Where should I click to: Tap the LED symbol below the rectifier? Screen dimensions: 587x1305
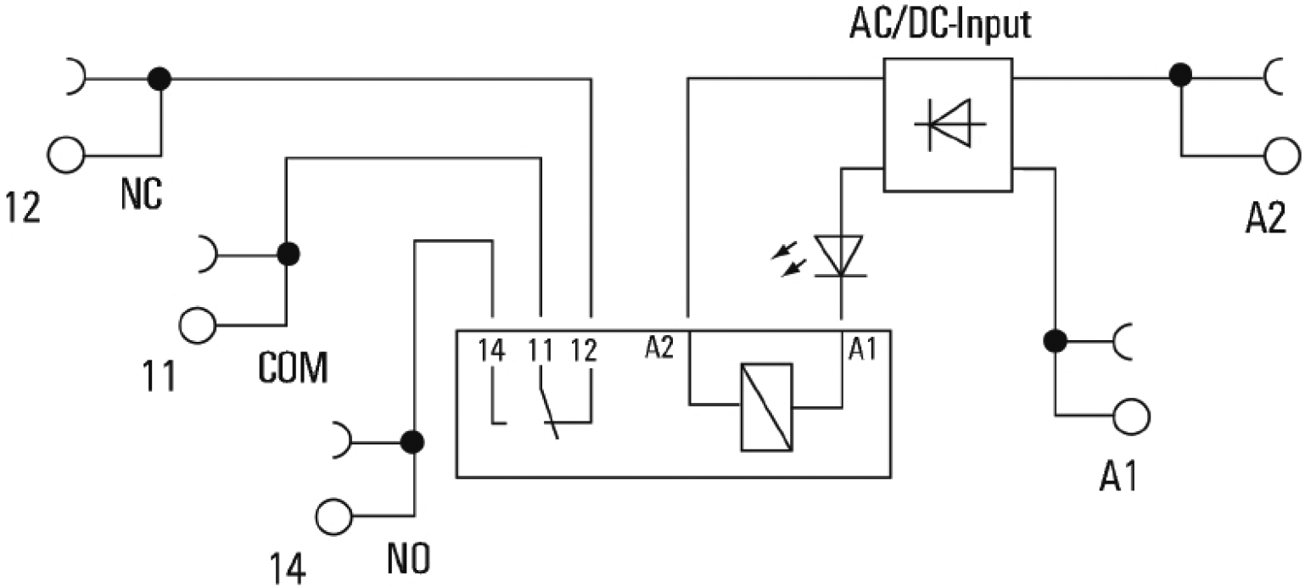[840, 256]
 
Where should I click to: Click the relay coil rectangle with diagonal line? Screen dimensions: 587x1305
[765, 406]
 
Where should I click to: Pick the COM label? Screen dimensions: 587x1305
[291, 367]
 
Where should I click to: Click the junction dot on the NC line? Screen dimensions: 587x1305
[159, 79]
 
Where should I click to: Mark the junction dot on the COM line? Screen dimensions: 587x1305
[288, 253]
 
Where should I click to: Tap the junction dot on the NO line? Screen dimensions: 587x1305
[412, 441]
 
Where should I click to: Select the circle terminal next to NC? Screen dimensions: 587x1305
[66, 154]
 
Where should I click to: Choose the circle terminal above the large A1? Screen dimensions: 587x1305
[1132, 416]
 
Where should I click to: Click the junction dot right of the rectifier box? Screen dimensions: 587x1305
[1179, 75]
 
